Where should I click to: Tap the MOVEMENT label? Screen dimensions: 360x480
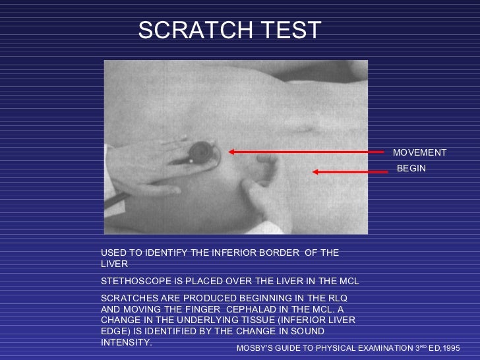coord(419,153)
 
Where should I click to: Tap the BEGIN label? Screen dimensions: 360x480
coord(411,169)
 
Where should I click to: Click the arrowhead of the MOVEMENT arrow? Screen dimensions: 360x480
coord(231,152)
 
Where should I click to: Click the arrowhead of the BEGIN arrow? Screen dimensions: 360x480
coord(316,172)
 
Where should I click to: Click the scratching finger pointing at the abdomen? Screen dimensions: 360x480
coord(251,191)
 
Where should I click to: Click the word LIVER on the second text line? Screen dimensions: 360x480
coord(113,264)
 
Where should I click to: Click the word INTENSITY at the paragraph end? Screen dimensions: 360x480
coord(125,343)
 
